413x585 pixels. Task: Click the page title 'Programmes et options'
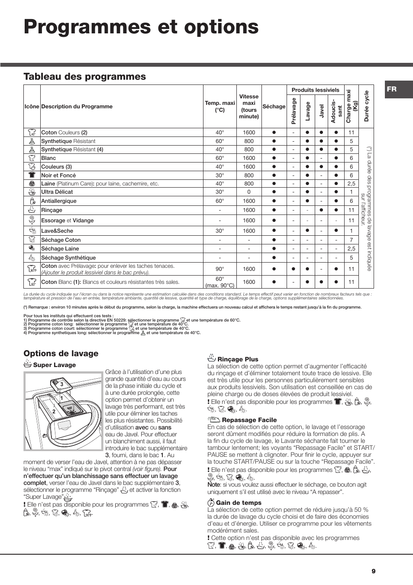coord(141,27)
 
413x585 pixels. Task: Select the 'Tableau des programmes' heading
coord(84,77)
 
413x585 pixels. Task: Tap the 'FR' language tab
coord(391,89)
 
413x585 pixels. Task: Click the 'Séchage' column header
coord(274,107)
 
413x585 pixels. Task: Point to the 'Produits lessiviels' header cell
coord(315,90)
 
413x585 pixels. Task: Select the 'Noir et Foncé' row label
coord(58,175)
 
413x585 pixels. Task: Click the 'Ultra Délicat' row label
coord(57,192)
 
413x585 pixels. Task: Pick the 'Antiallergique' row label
coord(59,201)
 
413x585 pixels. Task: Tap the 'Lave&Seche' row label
coord(57,231)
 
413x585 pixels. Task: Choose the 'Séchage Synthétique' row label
coord(68,258)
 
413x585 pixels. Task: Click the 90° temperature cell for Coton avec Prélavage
coord(220,269)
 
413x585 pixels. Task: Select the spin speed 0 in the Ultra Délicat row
coord(249,192)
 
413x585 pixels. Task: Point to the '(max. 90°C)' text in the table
coord(220,285)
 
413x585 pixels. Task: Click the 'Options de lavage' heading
coord(61,354)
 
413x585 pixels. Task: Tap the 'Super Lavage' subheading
coord(55,365)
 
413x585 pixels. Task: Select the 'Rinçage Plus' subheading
coord(238,359)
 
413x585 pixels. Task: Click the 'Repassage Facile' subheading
coord(249,420)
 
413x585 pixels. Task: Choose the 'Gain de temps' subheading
coord(239,503)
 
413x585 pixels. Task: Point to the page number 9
coord(373,571)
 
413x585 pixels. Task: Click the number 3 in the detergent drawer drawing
coord(62,384)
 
